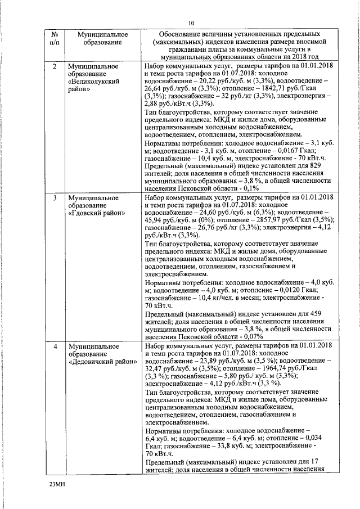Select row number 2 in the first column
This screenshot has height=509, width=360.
[54, 66]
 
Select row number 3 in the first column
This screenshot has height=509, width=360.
[54, 199]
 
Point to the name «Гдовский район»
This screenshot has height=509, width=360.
[92, 214]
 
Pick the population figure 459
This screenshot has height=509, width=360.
[316, 313]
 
